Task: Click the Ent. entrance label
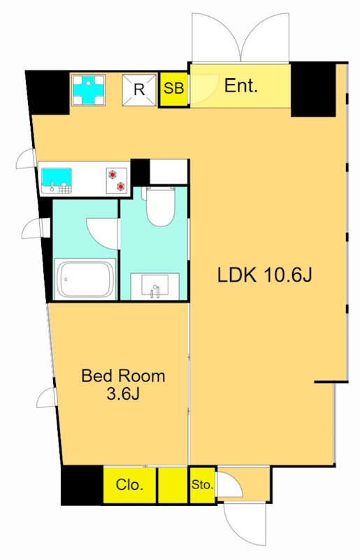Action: (x=241, y=86)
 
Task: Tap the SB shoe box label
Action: (x=173, y=88)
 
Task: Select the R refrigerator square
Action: (x=139, y=90)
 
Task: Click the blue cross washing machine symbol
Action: (x=88, y=89)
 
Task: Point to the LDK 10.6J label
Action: (x=265, y=275)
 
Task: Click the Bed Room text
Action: (x=124, y=376)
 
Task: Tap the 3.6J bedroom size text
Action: (x=123, y=394)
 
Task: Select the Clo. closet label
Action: (x=129, y=485)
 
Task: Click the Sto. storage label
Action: (x=202, y=485)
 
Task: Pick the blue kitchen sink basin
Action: (x=57, y=177)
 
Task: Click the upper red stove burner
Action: (x=113, y=174)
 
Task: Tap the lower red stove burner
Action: (x=122, y=186)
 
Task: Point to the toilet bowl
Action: (x=161, y=208)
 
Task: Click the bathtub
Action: (x=85, y=279)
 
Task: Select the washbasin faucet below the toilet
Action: (x=155, y=291)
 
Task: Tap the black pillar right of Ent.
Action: (x=314, y=89)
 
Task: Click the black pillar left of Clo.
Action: (x=82, y=485)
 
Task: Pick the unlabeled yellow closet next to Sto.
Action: (x=173, y=485)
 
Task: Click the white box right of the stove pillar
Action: (x=168, y=171)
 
